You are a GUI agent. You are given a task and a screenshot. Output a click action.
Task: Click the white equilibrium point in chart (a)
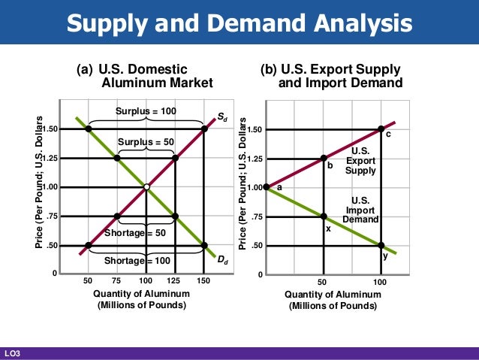[146, 187]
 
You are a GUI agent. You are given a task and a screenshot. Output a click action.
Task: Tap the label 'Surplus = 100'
[146, 111]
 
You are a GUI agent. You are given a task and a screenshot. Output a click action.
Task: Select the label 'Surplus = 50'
[146, 142]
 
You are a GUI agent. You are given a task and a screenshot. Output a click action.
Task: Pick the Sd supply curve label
[223, 117]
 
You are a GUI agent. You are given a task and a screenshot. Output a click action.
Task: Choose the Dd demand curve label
[223, 260]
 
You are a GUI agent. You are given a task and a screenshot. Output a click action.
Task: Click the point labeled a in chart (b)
[266, 187]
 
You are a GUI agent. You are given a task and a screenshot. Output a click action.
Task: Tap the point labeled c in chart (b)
[381, 129]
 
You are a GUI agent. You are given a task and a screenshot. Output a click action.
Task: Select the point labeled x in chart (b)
[324, 216]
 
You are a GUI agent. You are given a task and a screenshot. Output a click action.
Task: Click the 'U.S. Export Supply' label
[360, 161]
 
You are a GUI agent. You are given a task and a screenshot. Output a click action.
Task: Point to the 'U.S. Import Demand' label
[360, 210]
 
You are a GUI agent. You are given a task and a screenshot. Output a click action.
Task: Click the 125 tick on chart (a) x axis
[175, 280]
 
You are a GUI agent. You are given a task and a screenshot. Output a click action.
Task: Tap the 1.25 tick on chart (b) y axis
[255, 159]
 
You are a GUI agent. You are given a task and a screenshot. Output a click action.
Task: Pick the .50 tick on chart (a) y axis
[51, 246]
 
